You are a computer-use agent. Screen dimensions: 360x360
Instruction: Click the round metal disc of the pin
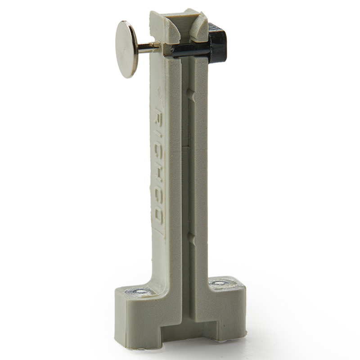pos(126,49)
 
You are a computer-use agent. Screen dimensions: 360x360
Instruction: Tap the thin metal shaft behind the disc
pos(148,46)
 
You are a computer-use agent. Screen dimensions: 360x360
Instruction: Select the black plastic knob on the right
pos(218,45)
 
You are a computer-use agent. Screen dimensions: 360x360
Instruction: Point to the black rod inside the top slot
pos(189,51)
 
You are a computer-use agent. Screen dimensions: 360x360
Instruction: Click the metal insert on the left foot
pos(142,292)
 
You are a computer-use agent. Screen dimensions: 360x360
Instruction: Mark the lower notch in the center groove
pos(191,238)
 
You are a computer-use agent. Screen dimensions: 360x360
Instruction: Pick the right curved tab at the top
pos(198,28)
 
